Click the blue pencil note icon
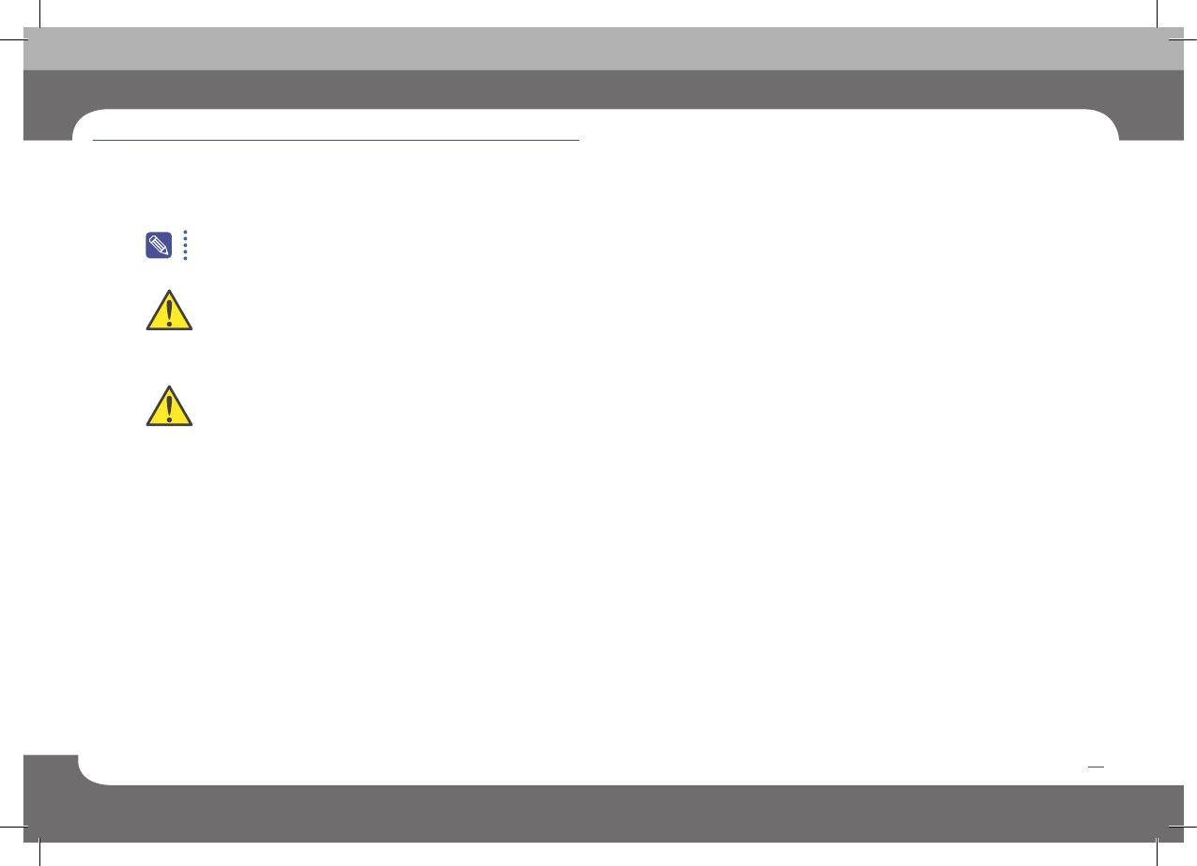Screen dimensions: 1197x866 pos(159,245)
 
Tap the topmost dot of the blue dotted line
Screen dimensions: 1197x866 pos(186,231)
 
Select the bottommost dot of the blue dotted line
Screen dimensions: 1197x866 pos(186,258)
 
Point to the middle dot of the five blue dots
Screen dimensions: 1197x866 pos(186,245)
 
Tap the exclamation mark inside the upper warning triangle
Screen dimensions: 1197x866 pos(169,311)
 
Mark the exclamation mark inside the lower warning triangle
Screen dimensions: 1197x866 pos(169,406)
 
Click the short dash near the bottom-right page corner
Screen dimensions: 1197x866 pos(1095,767)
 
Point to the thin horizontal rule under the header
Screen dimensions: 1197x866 pos(336,141)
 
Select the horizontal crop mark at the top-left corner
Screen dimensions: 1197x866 pos(10,40)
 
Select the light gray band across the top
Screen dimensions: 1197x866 pos(601,49)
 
